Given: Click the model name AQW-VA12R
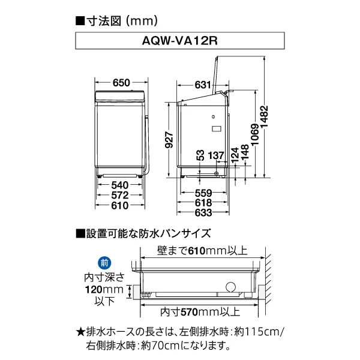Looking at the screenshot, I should pos(179,43).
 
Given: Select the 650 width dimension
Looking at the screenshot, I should pos(122,83).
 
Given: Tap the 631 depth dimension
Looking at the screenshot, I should pos(202,84).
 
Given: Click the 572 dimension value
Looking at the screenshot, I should pos(121,196).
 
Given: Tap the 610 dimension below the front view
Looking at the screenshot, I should pos(121,206).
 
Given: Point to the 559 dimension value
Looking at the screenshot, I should pos(202,193).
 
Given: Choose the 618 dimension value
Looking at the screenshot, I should pos(202,202).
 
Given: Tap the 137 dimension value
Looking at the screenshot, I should pos(217,155).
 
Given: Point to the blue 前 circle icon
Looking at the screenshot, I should pos(104,263).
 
